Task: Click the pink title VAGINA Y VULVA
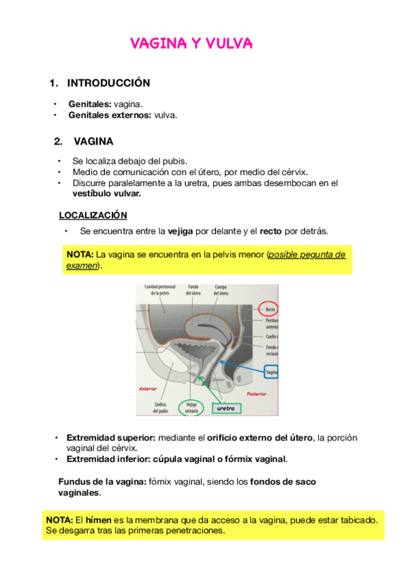(x=191, y=44)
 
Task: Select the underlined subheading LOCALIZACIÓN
(x=93, y=215)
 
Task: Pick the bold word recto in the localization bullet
(x=272, y=231)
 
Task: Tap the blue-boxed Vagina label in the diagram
(x=271, y=373)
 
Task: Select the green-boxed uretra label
(x=225, y=409)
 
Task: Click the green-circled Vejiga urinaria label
(x=191, y=408)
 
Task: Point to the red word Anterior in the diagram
(x=148, y=389)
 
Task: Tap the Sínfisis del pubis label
(x=161, y=408)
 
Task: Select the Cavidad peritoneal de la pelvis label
(x=159, y=290)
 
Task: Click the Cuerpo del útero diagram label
(x=225, y=290)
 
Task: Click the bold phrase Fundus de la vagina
(x=101, y=481)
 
